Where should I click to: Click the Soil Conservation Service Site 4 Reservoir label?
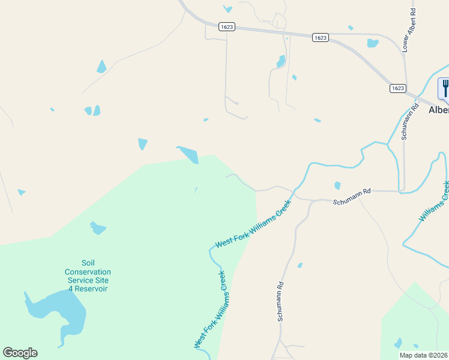(x=88, y=275)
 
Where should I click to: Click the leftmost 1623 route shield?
(x=227, y=27)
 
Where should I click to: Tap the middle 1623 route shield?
(x=321, y=37)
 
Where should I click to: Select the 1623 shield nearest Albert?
(x=397, y=88)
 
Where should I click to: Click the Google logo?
(x=20, y=353)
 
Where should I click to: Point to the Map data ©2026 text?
(x=424, y=355)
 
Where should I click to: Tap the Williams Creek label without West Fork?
(x=434, y=202)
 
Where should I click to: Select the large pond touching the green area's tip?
(x=188, y=154)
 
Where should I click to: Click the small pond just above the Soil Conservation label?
(x=97, y=228)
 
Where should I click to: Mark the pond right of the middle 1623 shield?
(x=373, y=43)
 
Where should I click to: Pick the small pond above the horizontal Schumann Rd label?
(x=337, y=185)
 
